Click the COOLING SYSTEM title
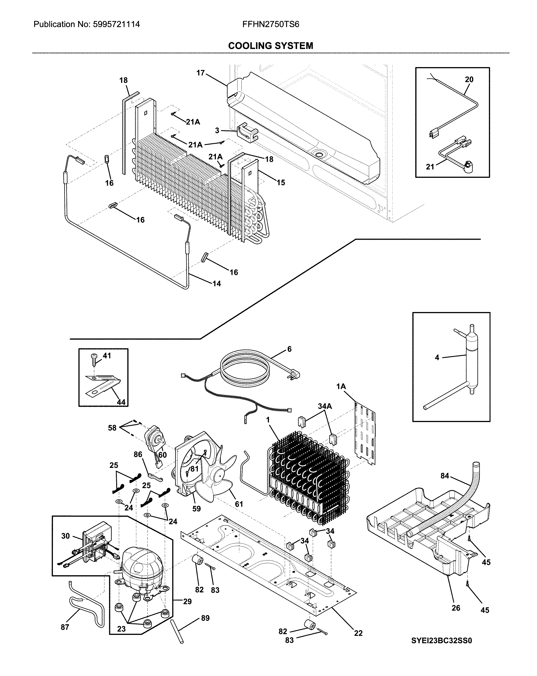pyautogui.click(x=270, y=46)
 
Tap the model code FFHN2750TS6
pyautogui.click(x=270, y=24)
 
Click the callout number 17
pyautogui.click(x=200, y=73)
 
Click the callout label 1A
pyautogui.click(x=341, y=387)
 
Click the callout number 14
pyautogui.click(x=217, y=284)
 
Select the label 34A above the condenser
pyautogui.click(x=325, y=406)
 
